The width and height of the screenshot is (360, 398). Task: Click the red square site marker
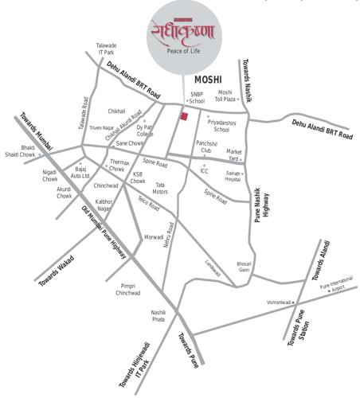pyautogui.click(x=184, y=117)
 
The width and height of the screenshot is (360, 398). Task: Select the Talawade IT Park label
pyautogui.click(x=107, y=49)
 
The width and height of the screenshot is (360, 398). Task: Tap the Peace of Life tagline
pyautogui.click(x=182, y=51)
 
